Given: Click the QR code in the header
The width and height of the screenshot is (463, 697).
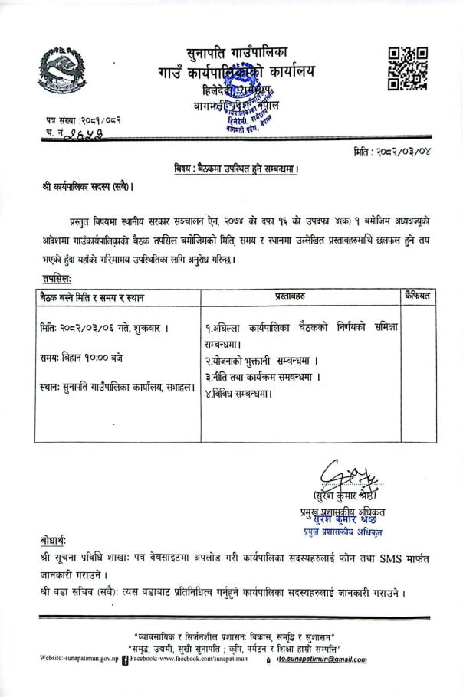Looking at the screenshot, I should [407, 69].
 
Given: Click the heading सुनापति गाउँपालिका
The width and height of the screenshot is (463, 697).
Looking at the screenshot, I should [237, 54].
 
